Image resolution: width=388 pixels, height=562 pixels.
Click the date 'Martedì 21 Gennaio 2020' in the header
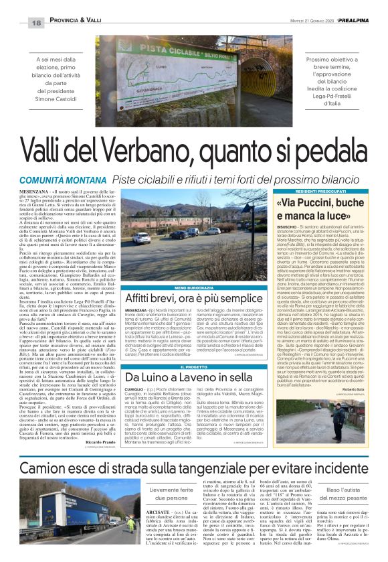(x=308, y=22)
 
